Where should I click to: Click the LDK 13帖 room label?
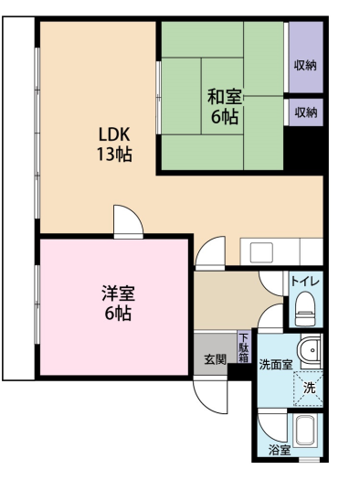114,144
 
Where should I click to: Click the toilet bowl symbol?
304,309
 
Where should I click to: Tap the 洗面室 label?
275,364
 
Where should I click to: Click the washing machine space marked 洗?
309,387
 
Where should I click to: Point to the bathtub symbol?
305,432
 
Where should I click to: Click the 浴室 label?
279,450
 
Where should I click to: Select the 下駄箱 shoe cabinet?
243,349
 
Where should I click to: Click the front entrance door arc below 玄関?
211,394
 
